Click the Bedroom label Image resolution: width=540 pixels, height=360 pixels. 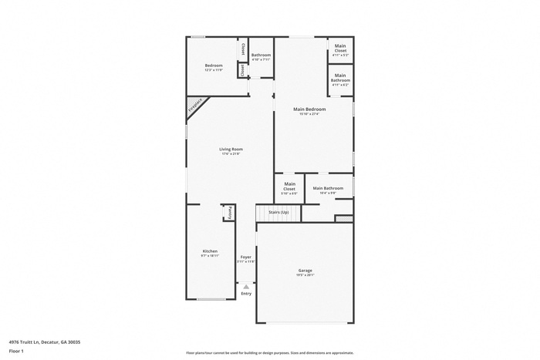[214, 66]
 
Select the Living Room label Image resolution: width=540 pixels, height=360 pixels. [231, 149]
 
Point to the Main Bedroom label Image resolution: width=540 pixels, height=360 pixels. [310, 109]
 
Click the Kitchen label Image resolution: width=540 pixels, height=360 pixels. [210, 251]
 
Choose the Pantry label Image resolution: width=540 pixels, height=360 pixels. [229, 212]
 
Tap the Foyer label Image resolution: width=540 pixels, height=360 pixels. [246, 257]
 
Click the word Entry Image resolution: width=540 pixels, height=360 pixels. [246, 294]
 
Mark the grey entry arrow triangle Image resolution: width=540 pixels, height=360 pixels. [246, 286]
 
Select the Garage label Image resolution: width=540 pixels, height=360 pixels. [305, 270]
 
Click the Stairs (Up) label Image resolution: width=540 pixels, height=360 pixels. [278, 212]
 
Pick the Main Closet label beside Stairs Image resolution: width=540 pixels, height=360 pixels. [289, 186]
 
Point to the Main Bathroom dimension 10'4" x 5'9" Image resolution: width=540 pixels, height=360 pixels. [328, 193]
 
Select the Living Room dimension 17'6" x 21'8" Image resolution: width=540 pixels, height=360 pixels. [231, 154]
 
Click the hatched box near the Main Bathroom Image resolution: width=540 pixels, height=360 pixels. [344, 218]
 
